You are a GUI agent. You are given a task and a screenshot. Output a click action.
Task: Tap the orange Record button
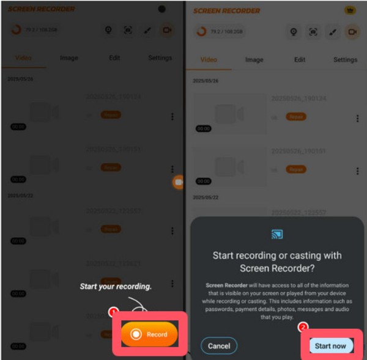[149, 334]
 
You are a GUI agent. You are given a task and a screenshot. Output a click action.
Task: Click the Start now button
[330, 346]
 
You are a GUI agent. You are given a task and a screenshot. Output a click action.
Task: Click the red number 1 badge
[113, 312]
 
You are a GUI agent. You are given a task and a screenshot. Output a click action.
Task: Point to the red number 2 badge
[302, 326]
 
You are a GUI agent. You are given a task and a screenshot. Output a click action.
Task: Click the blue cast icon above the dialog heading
[276, 234]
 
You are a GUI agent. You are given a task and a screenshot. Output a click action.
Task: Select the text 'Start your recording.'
[116, 286]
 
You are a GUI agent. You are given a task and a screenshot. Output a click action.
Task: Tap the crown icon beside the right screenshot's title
[350, 10]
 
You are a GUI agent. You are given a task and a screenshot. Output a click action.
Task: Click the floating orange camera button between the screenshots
[178, 182]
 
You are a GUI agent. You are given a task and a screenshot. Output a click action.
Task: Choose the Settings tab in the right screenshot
[345, 60]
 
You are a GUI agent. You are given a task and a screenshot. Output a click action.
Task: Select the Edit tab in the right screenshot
[300, 60]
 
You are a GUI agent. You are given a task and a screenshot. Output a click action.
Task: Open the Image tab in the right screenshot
[254, 60]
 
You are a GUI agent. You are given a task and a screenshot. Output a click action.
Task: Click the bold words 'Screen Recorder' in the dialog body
[224, 285]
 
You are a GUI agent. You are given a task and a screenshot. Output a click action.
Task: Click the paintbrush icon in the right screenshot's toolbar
[332, 32]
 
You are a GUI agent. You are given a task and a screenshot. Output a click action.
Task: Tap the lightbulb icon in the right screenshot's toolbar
[293, 32]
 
